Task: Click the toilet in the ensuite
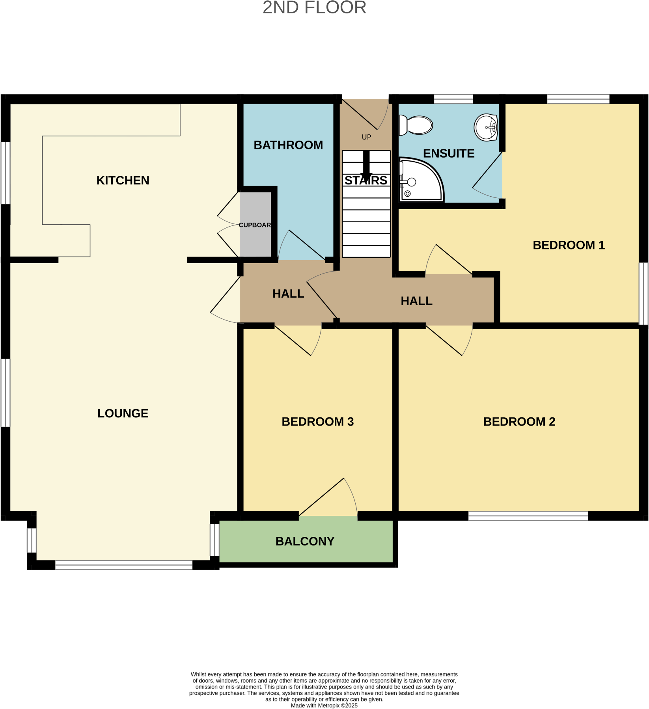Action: coord(416,125)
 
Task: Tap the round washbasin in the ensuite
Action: coord(486,127)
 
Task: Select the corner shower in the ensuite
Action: coord(420,181)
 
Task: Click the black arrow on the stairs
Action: coord(366,165)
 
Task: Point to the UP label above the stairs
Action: coord(366,137)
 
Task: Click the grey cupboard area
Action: coord(255,225)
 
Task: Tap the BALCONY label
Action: coord(305,542)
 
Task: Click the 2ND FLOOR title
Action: coord(314,8)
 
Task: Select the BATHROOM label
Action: coord(288,145)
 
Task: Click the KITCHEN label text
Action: coord(123,181)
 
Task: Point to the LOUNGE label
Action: coord(123,413)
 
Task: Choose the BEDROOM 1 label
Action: coord(569,245)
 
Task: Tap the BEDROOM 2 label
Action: coord(519,422)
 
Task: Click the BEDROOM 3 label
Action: coord(317,422)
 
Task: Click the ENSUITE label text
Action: coord(449,153)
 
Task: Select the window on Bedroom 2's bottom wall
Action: coord(528,516)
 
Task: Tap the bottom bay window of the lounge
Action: coord(124,565)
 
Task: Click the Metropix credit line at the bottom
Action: coord(324,705)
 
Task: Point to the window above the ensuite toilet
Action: coord(453,99)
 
